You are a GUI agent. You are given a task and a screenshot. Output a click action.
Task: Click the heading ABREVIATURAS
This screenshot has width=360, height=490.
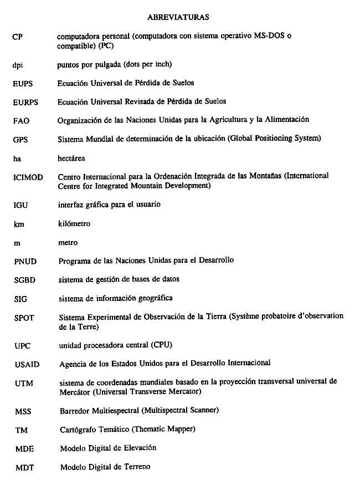point(178,17)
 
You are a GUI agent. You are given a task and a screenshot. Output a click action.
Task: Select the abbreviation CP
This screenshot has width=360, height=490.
point(17,37)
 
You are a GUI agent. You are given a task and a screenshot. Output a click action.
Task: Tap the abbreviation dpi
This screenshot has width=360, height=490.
point(18,65)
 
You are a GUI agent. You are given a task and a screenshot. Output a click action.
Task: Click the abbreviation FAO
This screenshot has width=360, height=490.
point(20,121)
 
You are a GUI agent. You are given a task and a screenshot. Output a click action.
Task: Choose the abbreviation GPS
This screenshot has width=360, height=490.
point(20,140)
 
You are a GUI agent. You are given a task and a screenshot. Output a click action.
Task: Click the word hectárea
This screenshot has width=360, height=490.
point(71,159)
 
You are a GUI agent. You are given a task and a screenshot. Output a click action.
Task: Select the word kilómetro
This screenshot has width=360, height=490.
point(74,224)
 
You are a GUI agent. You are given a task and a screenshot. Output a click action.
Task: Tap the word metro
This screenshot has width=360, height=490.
point(68,243)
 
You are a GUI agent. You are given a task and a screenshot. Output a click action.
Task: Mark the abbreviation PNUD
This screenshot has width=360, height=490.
point(24,261)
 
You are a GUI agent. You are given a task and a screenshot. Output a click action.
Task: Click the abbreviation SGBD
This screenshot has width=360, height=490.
point(24,280)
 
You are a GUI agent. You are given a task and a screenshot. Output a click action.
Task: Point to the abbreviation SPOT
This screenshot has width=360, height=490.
point(24,318)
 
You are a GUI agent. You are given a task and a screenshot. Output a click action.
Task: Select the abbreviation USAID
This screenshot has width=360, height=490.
point(27,365)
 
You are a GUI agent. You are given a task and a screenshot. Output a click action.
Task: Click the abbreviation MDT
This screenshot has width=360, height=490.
point(24,468)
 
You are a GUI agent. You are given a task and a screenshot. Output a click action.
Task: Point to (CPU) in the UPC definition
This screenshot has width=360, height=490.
point(161,345)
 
